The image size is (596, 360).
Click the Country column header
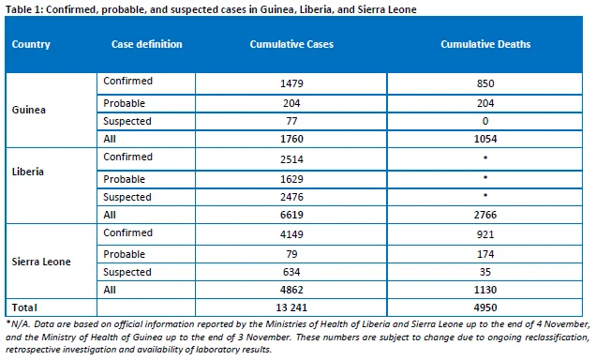tap(31, 44)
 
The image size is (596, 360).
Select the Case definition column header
tap(147, 44)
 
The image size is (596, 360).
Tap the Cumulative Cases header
tap(291, 44)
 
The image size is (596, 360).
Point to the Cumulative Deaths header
tap(485, 44)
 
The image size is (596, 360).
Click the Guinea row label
tap(28, 110)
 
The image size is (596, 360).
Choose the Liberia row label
tap(28, 172)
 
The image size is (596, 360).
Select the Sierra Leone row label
tap(41, 262)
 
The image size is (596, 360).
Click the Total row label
tap(24, 307)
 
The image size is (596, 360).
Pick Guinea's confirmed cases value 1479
tap(291, 83)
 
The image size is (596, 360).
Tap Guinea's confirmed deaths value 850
tap(485, 83)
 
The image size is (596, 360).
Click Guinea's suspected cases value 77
tap(291, 121)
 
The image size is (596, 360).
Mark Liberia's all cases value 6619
tap(291, 215)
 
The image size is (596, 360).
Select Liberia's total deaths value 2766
tap(485, 215)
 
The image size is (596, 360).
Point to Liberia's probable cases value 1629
tap(291, 179)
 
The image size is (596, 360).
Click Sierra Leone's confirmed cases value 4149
tap(291, 234)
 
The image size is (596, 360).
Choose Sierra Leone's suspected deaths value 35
tap(485, 272)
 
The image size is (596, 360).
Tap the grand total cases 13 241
tap(291, 307)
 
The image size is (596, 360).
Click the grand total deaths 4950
tap(485, 307)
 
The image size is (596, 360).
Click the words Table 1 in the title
tap(23, 9)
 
